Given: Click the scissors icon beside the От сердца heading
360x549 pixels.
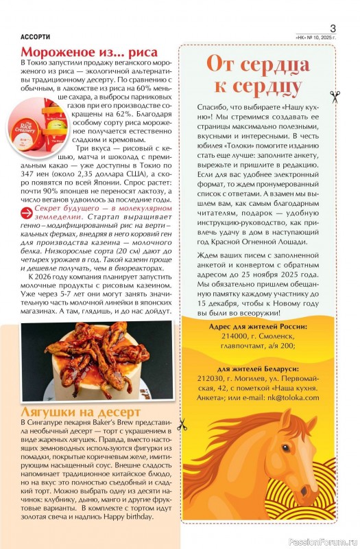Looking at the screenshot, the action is point(335,97).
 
